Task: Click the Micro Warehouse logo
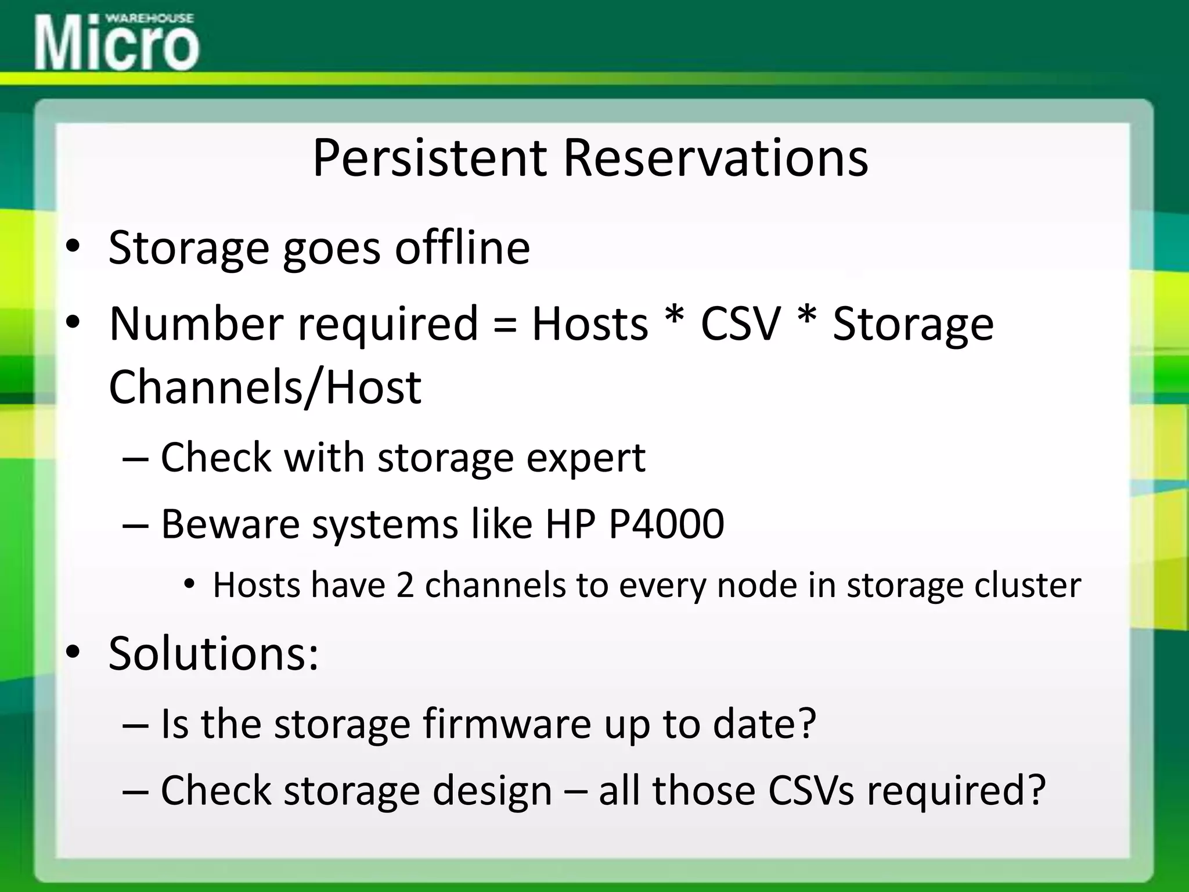point(117,42)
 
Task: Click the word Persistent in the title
point(430,158)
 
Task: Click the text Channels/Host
point(265,387)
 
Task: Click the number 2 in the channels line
point(405,585)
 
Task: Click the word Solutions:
point(214,653)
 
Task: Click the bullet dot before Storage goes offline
point(73,248)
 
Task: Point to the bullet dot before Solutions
point(73,653)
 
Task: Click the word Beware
point(230,524)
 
